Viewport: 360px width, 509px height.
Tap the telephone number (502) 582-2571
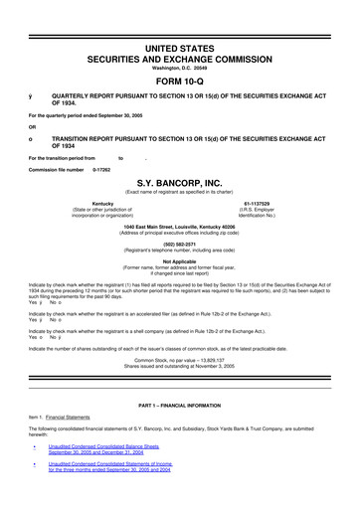(179, 244)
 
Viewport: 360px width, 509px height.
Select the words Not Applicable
(179, 261)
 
